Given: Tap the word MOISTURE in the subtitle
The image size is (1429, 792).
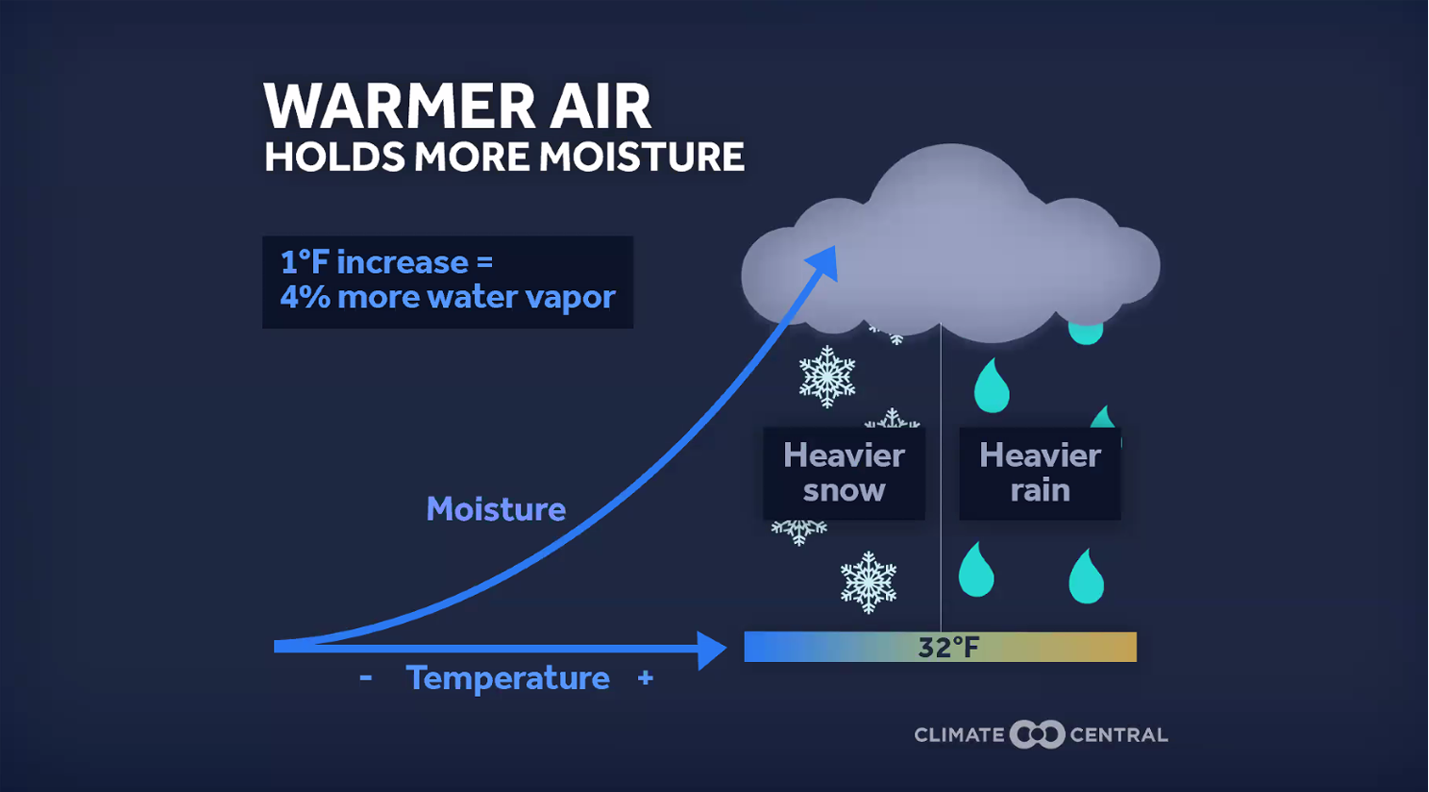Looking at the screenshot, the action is click(x=642, y=157).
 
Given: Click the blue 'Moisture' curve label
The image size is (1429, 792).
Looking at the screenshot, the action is click(x=496, y=509).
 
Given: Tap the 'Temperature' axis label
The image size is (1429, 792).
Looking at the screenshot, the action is click(x=508, y=678).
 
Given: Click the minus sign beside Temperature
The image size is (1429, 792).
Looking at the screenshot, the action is click(x=366, y=677).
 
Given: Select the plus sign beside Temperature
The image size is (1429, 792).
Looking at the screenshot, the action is click(x=646, y=677).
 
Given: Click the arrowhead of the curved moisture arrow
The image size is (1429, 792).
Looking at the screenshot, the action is click(x=823, y=262).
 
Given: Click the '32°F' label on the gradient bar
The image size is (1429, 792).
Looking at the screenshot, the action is click(x=948, y=647).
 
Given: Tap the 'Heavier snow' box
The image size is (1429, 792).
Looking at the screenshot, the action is click(x=844, y=473).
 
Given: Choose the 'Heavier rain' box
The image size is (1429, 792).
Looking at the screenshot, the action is click(x=1040, y=473).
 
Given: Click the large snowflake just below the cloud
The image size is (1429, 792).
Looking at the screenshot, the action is click(x=828, y=376).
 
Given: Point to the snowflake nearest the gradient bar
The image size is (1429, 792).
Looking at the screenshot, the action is click(x=868, y=582).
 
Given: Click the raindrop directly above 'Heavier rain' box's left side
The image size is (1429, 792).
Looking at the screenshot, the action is click(x=992, y=386).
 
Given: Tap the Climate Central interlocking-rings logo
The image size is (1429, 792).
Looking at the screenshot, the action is click(x=1037, y=734).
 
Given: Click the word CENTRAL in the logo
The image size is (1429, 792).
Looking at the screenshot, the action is click(x=1119, y=735).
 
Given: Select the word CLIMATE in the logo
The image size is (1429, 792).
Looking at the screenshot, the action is click(x=960, y=735).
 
